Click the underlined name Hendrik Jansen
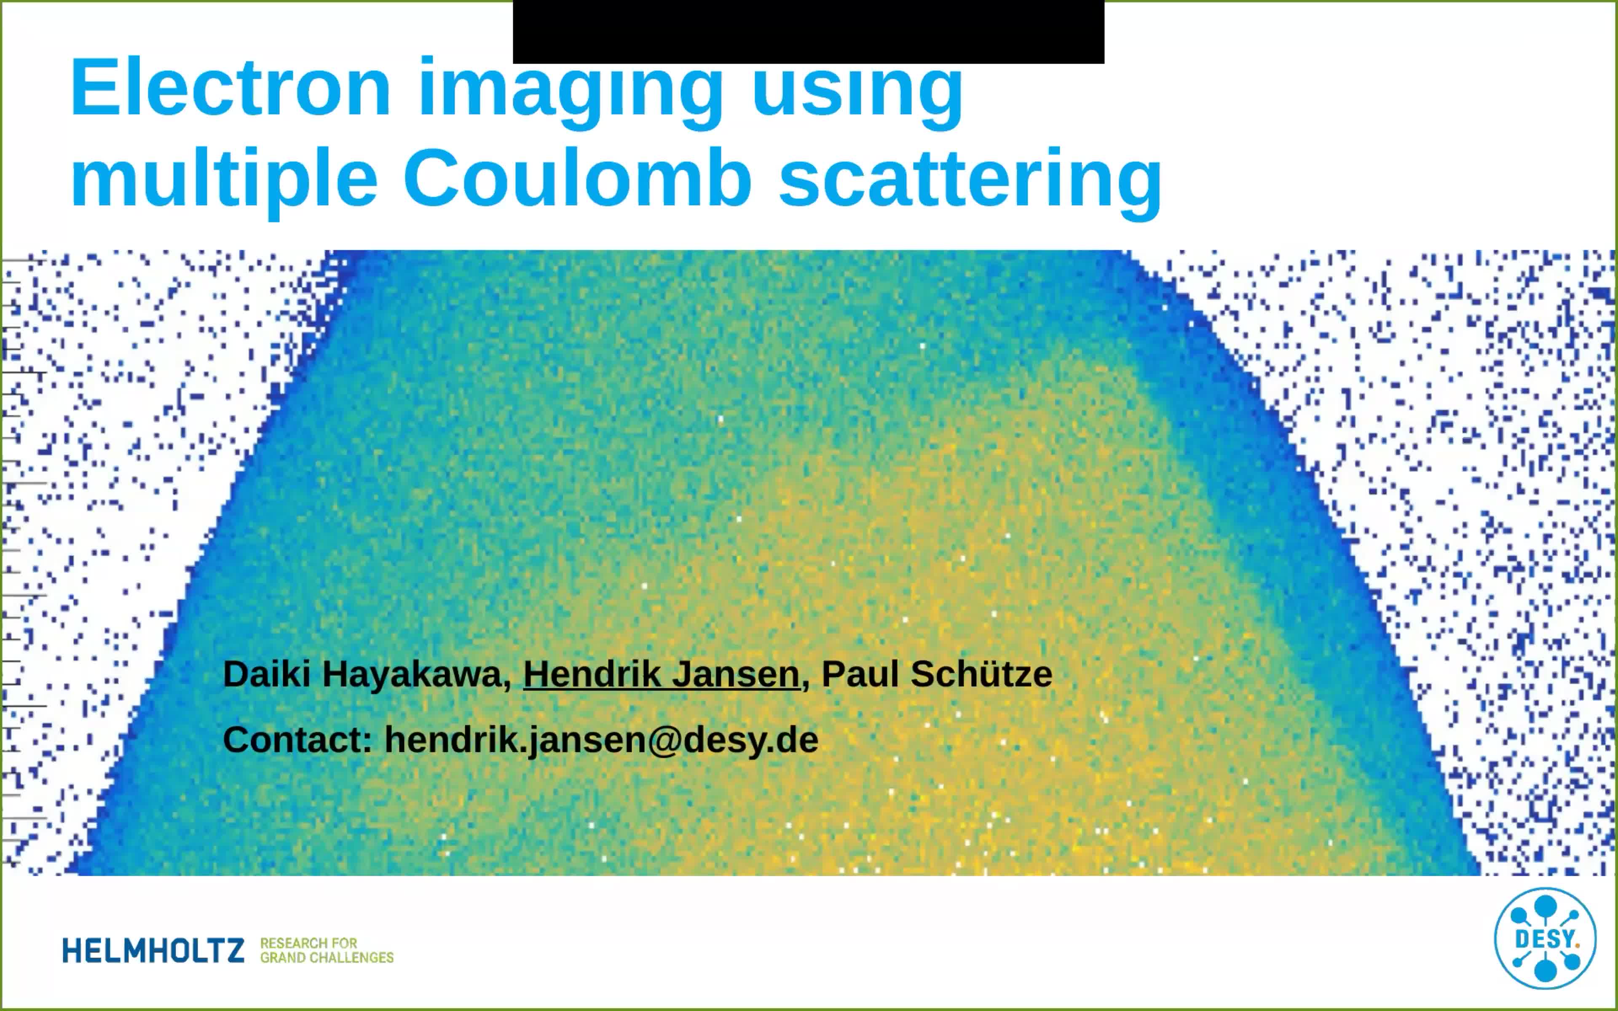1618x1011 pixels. [661, 674]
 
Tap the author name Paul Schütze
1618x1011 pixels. [936, 674]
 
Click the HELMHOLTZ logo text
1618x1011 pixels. [154, 951]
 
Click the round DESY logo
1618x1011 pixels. [1545, 939]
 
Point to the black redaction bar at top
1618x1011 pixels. [808, 32]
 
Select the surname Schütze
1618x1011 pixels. [981, 674]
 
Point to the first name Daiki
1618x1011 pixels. [266, 674]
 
